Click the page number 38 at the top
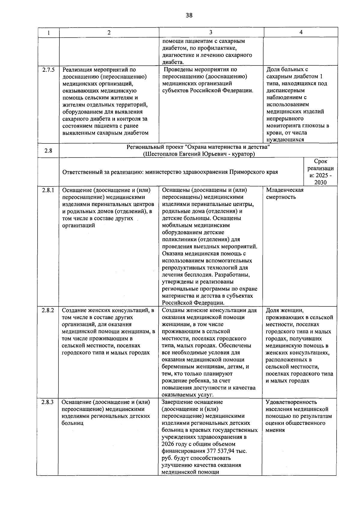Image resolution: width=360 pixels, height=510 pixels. [x=189, y=15]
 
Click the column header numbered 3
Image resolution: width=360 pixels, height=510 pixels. [x=211, y=32]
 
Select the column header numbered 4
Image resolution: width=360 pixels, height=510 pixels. [x=301, y=32]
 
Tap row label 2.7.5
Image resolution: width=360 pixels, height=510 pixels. [x=48, y=70]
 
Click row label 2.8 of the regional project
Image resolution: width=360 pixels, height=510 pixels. [x=48, y=151]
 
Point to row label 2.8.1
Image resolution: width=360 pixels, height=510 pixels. [x=48, y=190]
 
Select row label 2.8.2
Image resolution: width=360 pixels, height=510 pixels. [x=48, y=310]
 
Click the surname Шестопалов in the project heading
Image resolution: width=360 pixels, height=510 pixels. [x=159, y=154]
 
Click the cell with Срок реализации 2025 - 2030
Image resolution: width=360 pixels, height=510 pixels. [x=320, y=172]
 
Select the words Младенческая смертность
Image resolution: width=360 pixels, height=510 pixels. [x=284, y=193]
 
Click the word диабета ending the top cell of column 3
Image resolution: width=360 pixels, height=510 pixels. [x=172, y=62]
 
